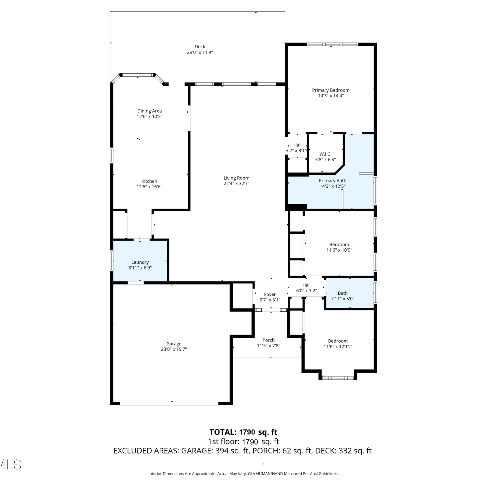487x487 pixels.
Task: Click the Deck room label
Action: [x=200, y=47]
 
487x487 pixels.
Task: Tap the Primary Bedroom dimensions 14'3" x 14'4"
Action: [x=331, y=96]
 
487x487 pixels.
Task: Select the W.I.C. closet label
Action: [x=325, y=154]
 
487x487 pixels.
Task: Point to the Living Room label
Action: [x=236, y=178]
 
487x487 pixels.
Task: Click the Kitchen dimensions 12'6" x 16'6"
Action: [x=149, y=187]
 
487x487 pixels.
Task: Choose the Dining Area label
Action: [x=149, y=111]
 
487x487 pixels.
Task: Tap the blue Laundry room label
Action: [x=140, y=262]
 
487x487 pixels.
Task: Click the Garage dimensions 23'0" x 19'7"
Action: [x=174, y=349]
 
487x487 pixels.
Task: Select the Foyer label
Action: [x=270, y=294]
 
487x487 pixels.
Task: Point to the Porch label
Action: [x=268, y=340]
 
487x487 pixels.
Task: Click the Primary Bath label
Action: [x=332, y=181]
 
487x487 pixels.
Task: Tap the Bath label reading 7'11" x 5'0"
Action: [x=343, y=293]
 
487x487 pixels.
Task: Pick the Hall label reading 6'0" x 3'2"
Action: [x=306, y=285]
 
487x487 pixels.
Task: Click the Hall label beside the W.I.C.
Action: [x=297, y=145]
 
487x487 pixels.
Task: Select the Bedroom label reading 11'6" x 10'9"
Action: [x=339, y=244]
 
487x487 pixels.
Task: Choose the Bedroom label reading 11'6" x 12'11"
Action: [x=338, y=341]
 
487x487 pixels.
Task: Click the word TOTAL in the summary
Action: [x=223, y=432]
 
